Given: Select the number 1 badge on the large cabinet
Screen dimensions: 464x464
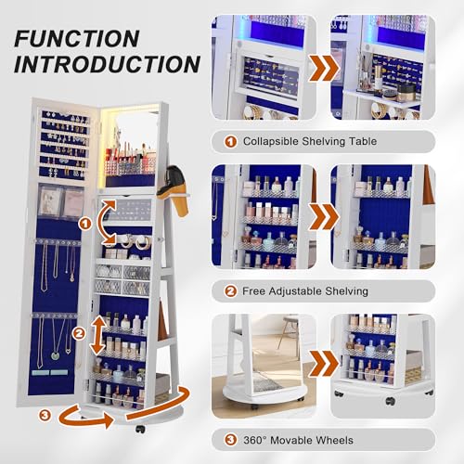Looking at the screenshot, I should coord(84,222).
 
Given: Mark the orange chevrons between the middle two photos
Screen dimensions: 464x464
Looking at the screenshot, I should coord(323,215).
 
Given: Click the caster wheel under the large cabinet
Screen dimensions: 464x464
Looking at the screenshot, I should coord(138,431).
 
